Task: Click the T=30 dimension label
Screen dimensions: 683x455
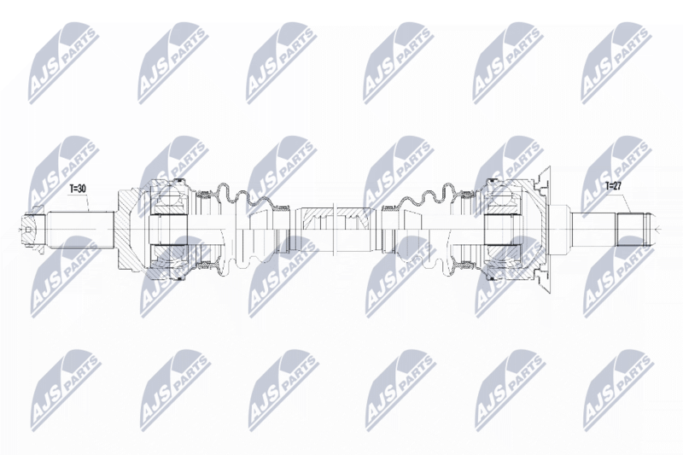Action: [x=79, y=188]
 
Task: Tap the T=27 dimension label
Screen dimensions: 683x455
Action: [x=613, y=186]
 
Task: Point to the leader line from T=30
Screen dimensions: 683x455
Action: [x=88, y=202]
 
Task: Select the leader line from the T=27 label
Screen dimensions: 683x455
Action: [x=627, y=201]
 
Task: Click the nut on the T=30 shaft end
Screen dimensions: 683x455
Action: [x=32, y=230]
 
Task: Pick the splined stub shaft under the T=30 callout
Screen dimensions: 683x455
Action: [x=80, y=230]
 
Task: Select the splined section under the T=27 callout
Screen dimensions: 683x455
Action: [x=629, y=230]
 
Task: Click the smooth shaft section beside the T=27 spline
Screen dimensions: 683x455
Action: [x=593, y=230]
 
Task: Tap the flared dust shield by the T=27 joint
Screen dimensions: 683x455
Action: [x=544, y=230]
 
